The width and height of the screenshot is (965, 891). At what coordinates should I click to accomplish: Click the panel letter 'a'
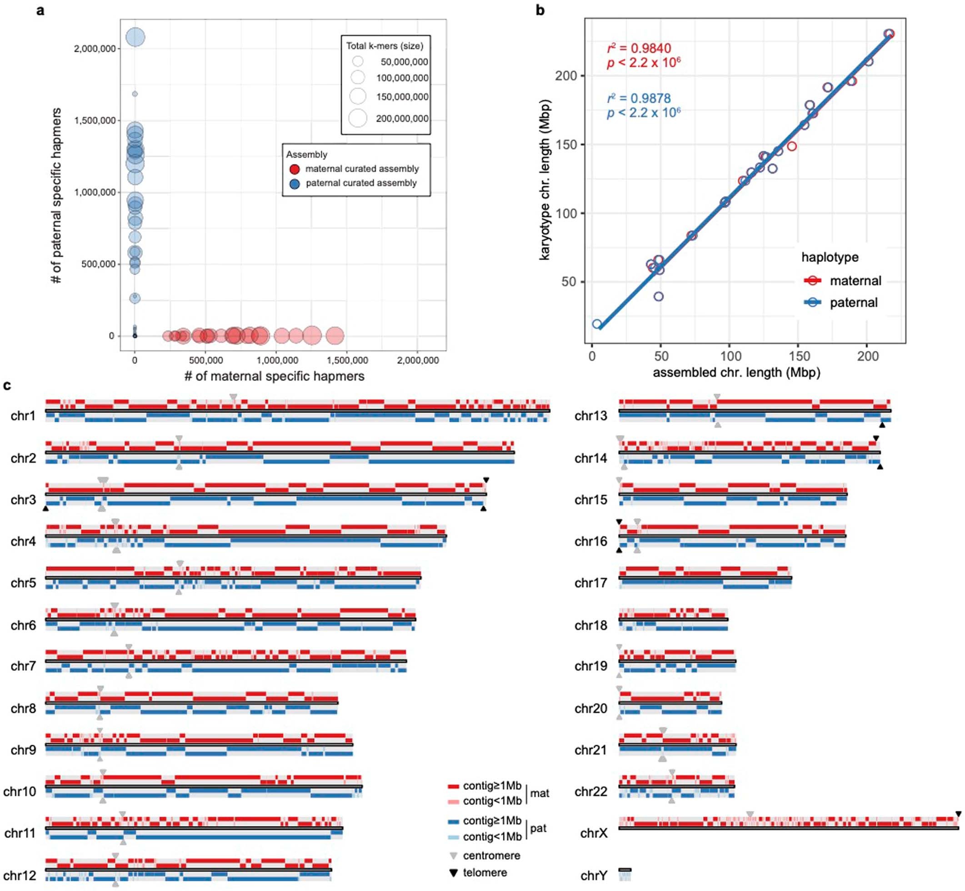click(x=40, y=10)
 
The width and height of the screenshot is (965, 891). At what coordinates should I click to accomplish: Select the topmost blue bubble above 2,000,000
click(x=135, y=37)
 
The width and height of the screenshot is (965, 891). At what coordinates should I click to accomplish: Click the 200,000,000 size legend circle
click(x=358, y=118)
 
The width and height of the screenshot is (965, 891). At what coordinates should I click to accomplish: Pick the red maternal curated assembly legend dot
click(x=295, y=169)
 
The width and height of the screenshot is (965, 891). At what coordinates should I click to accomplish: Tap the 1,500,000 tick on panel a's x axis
click(x=347, y=360)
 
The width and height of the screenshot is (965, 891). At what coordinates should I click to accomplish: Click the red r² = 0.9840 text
click(x=639, y=48)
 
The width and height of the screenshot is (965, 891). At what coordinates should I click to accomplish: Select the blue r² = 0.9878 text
click(x=639, y=98)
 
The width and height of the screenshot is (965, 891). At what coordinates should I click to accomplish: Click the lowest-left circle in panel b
click(x=597, y=324)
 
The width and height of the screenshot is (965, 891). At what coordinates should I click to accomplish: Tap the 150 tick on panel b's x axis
click(x=799, y=356)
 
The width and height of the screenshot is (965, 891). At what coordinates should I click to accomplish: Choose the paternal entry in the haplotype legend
click(x=853, y=303)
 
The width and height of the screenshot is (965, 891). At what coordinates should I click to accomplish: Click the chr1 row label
click(x=23, y=415)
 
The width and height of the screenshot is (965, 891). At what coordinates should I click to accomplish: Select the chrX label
click(x=594, y=833)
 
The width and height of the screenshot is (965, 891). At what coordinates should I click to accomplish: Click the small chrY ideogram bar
click(x=625, y=870)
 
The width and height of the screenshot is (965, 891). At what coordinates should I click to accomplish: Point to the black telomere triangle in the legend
click(x=453, y=873)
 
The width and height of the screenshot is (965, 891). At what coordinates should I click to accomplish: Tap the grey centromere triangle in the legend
click(x=453, y=856)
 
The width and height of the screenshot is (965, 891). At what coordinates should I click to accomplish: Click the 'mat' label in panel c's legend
click(x=540, y=793)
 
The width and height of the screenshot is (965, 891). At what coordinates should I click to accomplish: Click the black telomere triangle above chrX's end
click(x=958, y=814)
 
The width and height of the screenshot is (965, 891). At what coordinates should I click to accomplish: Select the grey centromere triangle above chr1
click(x=233, y=397)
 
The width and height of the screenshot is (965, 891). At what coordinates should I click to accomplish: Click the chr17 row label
click(x=590, y=583)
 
